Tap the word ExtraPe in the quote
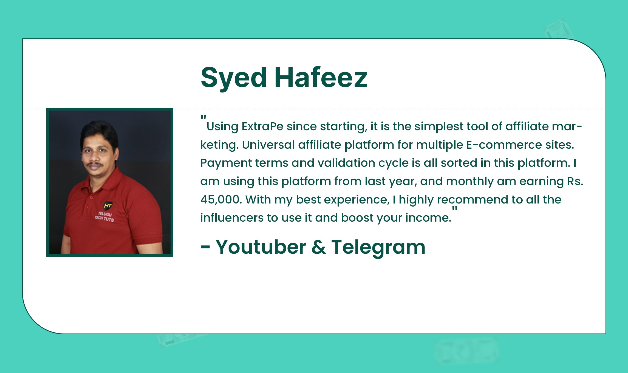coord(262,126)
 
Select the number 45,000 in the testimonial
coord(221,200)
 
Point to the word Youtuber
coord(261,247)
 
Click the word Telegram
coord(378,247)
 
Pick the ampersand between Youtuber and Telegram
coord(319,247)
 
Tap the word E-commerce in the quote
coord(504,145)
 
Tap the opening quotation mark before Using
coord(203,117)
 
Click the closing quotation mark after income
coord(455,209)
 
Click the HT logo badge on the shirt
coord(108,205)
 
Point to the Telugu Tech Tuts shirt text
coord(104,217)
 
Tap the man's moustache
coord(95,165)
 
